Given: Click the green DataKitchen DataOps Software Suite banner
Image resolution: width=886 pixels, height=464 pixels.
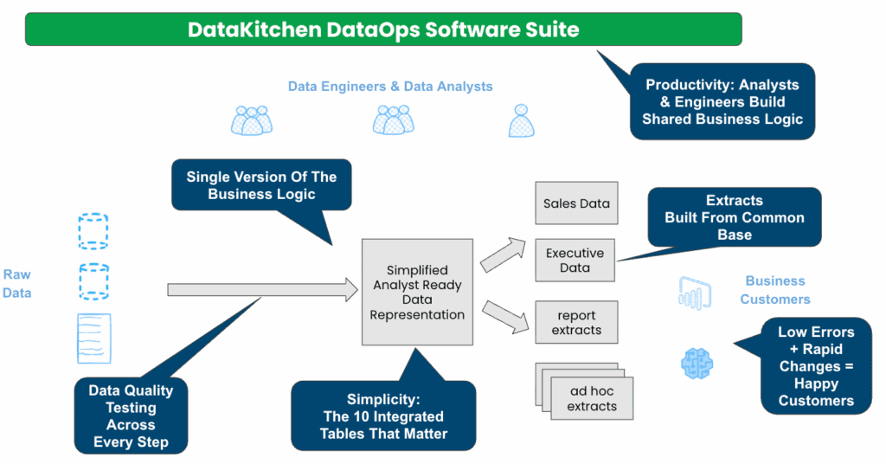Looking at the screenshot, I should [383, 29].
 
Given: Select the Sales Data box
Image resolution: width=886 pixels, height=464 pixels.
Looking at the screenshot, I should [576, 203].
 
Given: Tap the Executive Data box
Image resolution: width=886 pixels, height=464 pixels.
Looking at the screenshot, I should [575, 261].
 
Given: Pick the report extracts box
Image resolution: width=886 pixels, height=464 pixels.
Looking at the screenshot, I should [576, 322].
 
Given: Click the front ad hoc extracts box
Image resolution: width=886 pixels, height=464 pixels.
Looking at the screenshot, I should [592, 398].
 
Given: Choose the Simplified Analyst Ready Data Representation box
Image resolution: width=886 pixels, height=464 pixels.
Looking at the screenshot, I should [417, 293].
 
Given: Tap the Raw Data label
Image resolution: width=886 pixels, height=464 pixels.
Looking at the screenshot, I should [16, 284].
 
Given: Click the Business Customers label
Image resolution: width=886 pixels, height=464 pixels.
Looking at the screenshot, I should [775, 290].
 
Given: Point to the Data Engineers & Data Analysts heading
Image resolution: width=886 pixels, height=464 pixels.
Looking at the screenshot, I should [390, 87].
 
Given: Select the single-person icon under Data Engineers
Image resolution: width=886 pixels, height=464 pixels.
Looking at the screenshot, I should [520, 120].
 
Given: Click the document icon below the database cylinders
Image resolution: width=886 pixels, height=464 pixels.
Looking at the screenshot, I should [93, 338].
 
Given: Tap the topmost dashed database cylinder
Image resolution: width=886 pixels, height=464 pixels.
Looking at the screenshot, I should [93, 231].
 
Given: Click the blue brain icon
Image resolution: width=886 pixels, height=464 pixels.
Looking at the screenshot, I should [697, 364].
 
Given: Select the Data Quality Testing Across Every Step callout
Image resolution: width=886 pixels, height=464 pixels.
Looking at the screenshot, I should [131, 416].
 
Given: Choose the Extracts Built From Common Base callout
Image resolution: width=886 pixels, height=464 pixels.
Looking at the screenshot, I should [735, 217].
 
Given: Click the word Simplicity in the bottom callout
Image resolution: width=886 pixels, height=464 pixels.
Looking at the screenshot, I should [383, 399].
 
